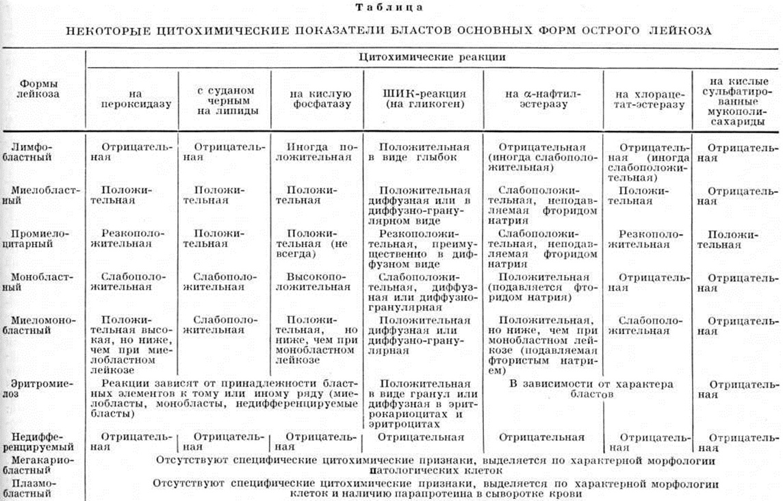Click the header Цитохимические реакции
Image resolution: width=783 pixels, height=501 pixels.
pos(432,57)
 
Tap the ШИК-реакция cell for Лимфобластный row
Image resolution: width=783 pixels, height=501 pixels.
pos(424,152)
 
